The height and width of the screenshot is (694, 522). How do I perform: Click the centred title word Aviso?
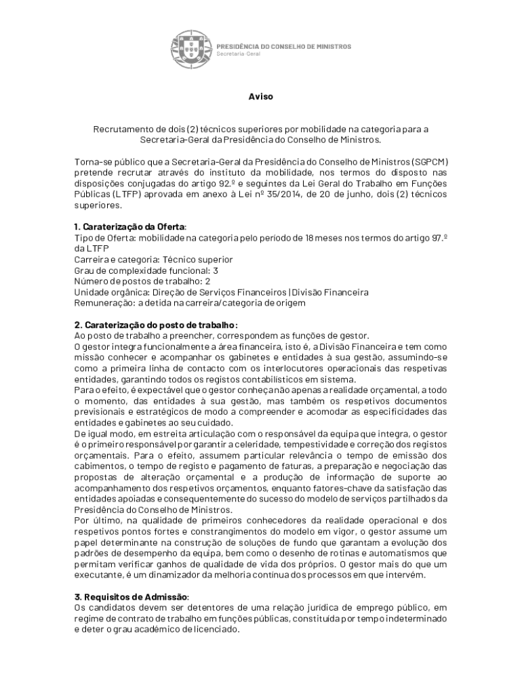click(x=260, y=97)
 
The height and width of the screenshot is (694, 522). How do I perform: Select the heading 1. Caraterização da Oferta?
click(x=129, y=226)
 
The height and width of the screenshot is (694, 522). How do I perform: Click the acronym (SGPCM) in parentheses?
click(x=429, y=162)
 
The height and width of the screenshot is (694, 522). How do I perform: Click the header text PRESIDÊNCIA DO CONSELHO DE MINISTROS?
click(x=283, y=46)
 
